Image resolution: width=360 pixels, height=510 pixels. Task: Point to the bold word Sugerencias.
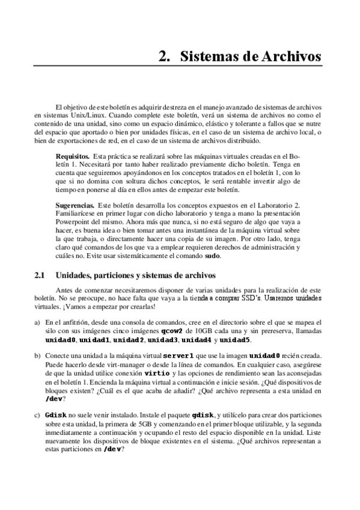75,205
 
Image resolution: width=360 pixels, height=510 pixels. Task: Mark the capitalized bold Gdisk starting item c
55,414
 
